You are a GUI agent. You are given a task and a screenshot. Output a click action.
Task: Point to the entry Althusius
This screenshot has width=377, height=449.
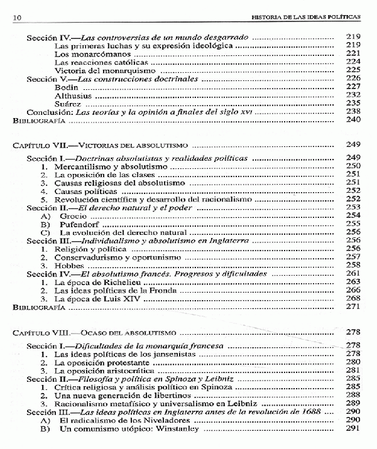[74, 96]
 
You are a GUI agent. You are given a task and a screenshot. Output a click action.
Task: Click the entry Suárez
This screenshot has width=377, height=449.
[69, 104]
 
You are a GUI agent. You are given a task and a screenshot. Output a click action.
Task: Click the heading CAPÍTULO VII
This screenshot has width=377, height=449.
[38, 145]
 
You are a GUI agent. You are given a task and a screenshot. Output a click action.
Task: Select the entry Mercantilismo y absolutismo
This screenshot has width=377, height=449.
[107, 166]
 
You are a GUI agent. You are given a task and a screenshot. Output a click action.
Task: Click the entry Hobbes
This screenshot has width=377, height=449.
[69, 266]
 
